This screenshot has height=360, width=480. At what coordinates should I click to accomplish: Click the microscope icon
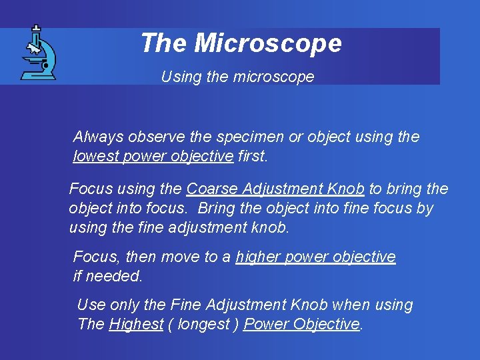(x=39, y=53)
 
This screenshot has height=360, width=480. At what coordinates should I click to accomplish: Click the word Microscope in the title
(x=268, y=43)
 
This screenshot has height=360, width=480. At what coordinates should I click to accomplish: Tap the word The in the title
(x=165, y=43)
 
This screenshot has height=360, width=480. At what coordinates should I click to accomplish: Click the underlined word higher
(x=257, y=257)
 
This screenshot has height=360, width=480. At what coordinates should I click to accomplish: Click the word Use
(x=91, y=305)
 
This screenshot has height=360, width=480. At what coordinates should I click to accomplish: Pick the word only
(x=125, y=305)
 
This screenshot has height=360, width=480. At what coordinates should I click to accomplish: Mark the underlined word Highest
(x=135, y=325)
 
